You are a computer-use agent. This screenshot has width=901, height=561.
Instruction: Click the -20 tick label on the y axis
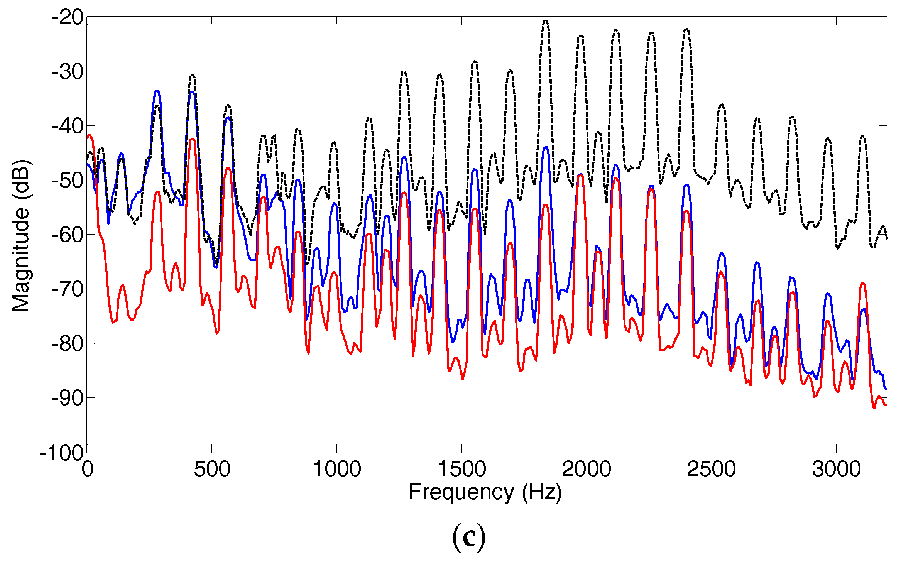[x=68, y=18]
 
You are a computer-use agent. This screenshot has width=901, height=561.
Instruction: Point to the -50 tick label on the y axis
[x=68, y=181]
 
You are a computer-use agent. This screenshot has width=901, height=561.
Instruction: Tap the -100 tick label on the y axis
[x=62, y=453]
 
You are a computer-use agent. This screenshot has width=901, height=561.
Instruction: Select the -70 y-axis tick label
[x=68, y=289]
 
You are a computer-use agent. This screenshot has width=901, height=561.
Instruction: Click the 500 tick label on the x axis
[x=212, y=470]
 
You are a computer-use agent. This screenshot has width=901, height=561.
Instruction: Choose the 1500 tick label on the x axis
[x=461, y=470]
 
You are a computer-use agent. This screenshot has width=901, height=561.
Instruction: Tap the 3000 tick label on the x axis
[x=836, y=470]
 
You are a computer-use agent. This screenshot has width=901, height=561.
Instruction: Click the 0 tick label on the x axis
[x=88, y=470]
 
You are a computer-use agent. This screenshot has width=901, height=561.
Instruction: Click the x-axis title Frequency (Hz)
[x=485, y=492]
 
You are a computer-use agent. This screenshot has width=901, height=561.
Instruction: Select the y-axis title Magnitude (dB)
[x=21, y=235]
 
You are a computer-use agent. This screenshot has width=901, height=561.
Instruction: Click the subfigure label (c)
[x=469, y=537]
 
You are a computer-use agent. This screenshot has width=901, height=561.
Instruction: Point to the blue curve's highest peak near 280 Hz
[x=157, y=91]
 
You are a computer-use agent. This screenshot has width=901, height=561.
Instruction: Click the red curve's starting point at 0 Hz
[x=88, y=136]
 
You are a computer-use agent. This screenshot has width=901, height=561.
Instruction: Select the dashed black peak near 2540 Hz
[x=722, y=104]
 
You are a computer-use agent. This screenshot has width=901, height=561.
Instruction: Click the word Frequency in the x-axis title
[x=461, y=492]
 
